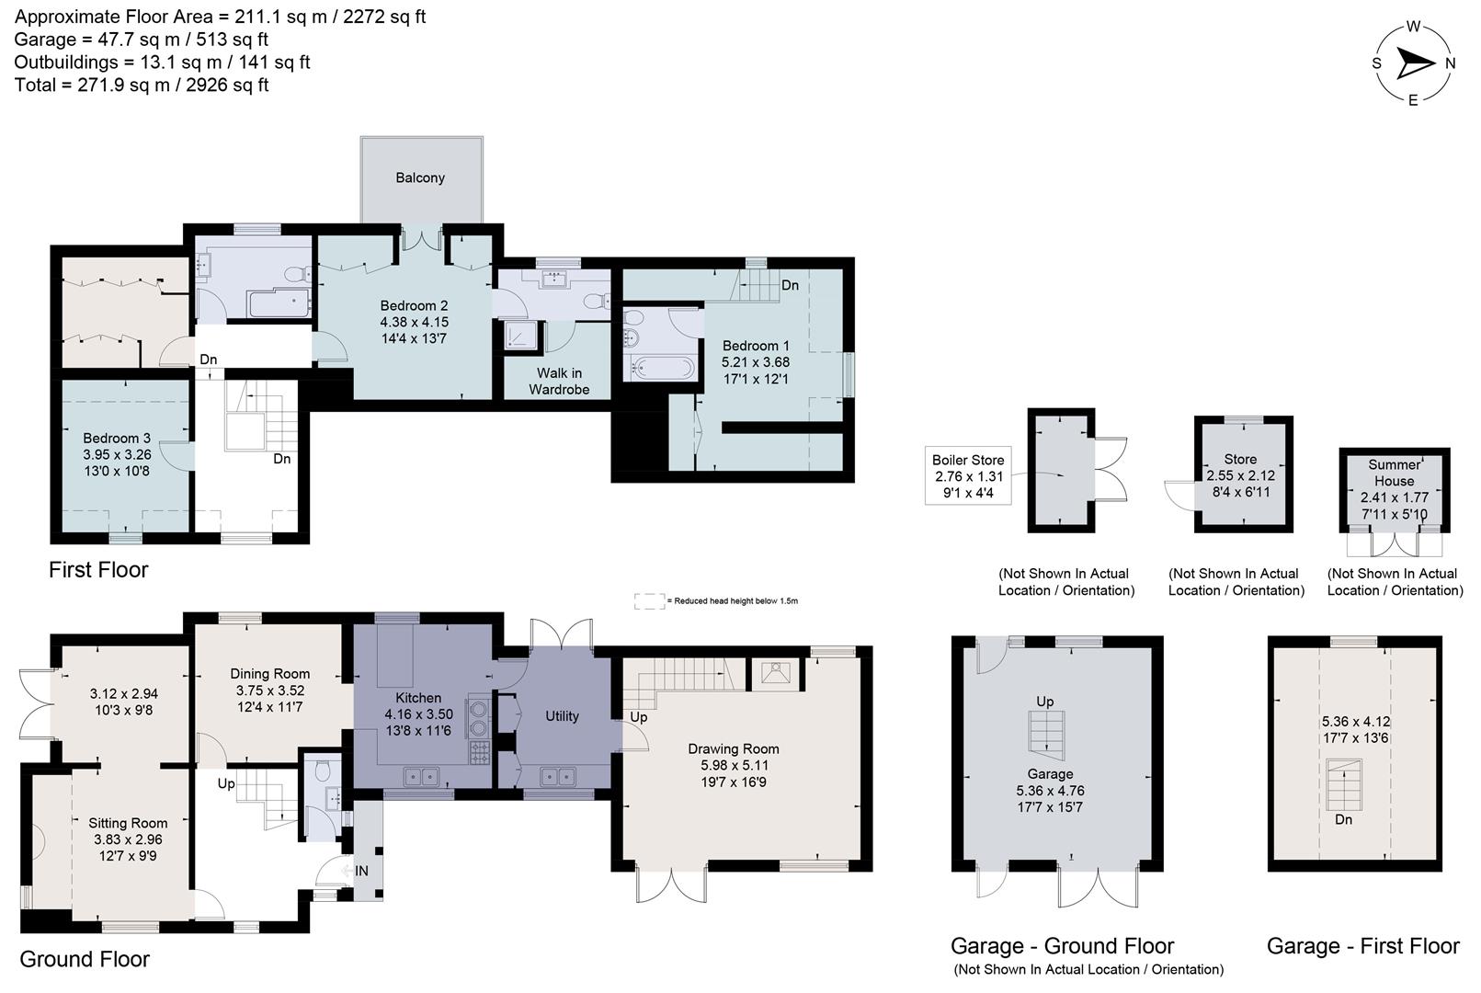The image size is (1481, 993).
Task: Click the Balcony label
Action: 420,177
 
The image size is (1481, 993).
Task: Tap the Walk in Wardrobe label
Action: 559,381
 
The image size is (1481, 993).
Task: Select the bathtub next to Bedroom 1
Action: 659,369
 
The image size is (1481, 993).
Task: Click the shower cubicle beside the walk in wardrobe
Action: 521,337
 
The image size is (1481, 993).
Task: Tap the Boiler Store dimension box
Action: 968,476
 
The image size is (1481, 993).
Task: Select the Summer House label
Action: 1394,473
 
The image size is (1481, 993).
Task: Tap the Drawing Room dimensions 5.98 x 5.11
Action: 734,765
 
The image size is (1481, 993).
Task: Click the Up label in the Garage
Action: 1044,702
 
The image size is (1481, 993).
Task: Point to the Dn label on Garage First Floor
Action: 1343,819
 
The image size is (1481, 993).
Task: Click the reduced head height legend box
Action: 649,600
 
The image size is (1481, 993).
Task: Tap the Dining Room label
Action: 269,674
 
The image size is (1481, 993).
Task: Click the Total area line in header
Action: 142,85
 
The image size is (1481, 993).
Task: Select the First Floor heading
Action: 98,570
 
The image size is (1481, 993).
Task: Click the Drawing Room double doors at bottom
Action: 672,885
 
